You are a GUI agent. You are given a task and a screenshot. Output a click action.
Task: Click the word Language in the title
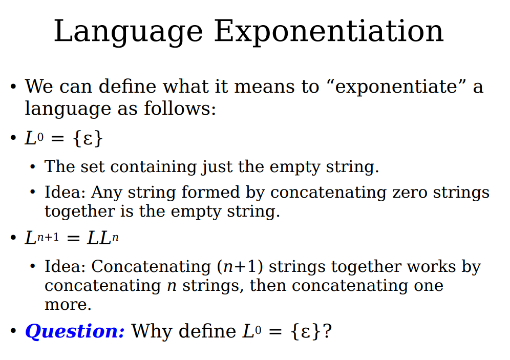pos(129,32)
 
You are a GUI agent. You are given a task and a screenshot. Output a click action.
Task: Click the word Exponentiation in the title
pos(329,32)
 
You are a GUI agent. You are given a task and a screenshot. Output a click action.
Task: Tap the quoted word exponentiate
pos(396,87)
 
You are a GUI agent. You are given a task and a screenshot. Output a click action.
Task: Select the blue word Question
pos(75,332)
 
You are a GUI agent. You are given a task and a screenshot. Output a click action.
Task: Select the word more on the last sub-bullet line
pos(68,305)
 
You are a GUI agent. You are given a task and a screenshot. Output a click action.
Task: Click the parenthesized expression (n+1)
pos(240,267)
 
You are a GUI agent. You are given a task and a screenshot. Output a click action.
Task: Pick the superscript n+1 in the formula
pos(48,237)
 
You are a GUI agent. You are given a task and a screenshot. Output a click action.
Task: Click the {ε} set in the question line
pos(306,332)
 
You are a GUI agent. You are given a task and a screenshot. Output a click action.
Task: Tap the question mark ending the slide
pos(327,331)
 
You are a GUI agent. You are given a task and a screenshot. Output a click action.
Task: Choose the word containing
pos(154,167)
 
